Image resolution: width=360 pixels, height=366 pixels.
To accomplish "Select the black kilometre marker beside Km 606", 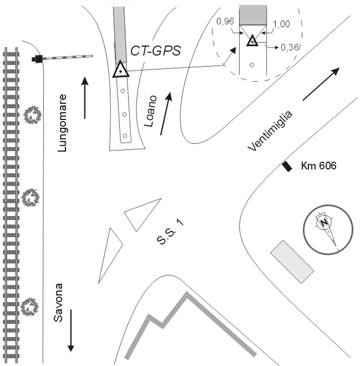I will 287,166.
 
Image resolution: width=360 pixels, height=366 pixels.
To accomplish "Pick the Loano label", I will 150,112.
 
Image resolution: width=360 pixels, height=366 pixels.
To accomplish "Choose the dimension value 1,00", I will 281,24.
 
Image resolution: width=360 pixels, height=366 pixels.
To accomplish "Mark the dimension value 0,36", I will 291,48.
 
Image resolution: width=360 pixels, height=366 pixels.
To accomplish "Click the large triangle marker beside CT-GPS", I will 120,70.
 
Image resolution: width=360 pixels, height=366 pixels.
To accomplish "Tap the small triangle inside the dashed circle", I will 252,41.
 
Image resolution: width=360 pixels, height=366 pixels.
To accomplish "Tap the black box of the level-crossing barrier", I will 38,58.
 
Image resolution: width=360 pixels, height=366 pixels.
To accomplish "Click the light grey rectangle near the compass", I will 292,260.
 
